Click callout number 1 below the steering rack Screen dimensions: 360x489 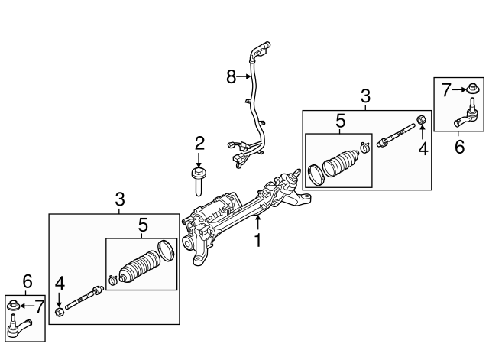257,241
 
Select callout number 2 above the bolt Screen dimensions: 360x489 199,142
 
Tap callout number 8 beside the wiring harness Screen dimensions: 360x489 232,76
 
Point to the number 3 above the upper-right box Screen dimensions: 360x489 365,97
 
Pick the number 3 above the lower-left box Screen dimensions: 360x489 120,199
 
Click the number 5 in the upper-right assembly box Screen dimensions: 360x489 340,120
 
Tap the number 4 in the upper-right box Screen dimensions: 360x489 423,148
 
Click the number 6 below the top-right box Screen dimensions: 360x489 459,146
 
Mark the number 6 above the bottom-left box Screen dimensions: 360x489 27,281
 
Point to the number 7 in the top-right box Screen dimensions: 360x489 447,89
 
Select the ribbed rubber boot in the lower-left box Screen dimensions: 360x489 138,268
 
